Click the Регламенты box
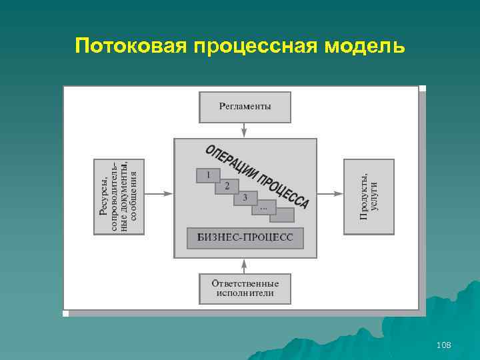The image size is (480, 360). tap(245, 107)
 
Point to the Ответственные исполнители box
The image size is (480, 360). tap(245, 288)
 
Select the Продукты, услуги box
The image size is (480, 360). tap(368, 196)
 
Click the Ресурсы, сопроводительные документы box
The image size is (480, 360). tap(118, 196)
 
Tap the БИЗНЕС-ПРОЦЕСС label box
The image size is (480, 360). tap(245, 238)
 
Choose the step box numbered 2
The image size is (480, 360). tap(227, 186)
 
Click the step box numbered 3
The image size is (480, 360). tap(245, 198)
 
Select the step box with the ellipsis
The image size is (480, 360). tap(263, 208)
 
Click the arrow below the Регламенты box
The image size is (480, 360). tap(245, 130)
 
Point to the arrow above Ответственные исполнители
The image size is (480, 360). tap(245, 265)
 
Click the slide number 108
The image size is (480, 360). tap(443, 345)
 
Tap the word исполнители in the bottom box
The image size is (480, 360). tap(245, 293)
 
